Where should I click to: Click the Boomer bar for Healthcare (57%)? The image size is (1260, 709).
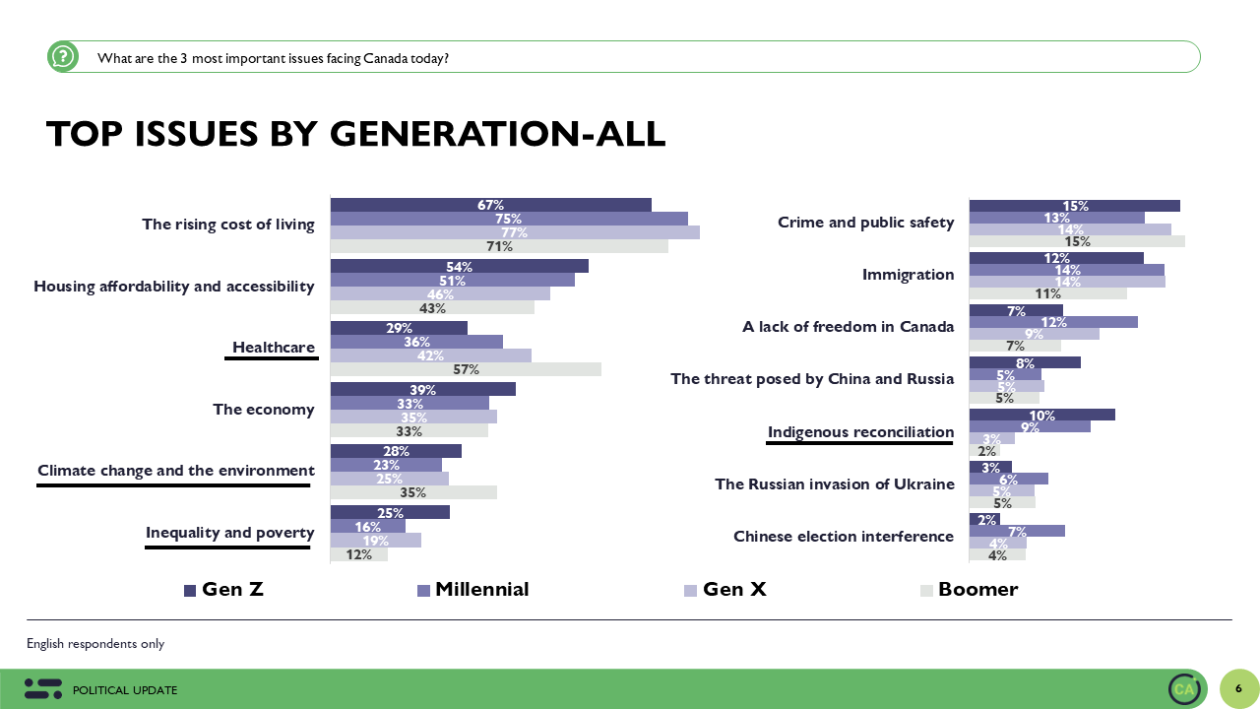(x=466, y=369)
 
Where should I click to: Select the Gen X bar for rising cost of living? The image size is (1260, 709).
(x=515, y=232)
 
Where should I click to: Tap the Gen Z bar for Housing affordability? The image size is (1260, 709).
(x=459, y=267)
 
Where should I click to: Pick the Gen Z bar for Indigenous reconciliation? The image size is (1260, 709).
(x=1041, y=415)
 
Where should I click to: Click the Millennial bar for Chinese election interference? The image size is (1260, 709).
(x=1017, y=531)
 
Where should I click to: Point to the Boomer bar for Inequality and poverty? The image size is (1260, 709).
(x=358, y=554)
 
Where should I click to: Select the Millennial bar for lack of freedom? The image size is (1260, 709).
(x=1053, y=322)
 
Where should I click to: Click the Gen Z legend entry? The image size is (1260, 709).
(x=223, y=590)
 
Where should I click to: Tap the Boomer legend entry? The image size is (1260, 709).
(x=969, y=590)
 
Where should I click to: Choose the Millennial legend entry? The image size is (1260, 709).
(x=473, y=590)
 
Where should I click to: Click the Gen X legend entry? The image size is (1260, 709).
(x=724, y=590)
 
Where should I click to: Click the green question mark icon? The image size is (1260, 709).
(x=63, y=57)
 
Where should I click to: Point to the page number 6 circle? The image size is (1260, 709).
(x=1238, y=688)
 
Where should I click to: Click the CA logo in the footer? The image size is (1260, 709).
(x=1184, y=689)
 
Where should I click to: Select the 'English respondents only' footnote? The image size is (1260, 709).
(x=95, y=644)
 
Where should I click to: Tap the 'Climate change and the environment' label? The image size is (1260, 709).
(x=176, y=471)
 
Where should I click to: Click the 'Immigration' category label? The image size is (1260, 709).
(x=908, y=275)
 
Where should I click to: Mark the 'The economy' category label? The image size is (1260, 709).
(x=264, y=410)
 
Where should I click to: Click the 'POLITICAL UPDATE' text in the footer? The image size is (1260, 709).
(x=125, y=690)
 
